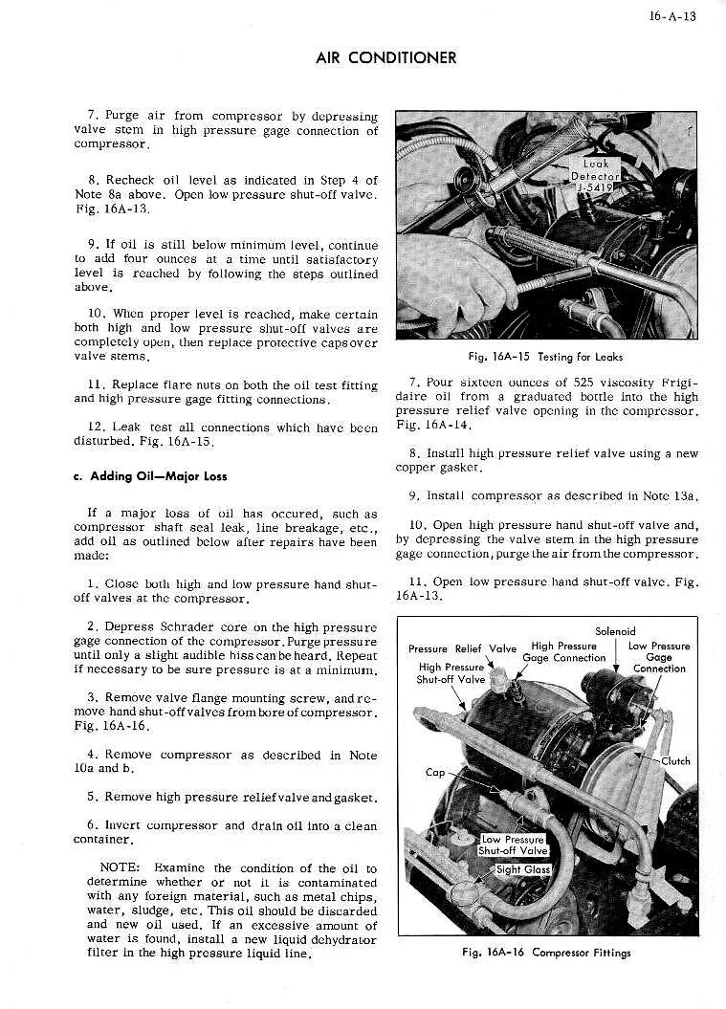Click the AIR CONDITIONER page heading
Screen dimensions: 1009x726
coord(385,57)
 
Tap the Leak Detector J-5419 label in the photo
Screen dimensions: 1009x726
coord(596,175)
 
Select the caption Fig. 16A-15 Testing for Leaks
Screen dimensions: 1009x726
coord(545,357)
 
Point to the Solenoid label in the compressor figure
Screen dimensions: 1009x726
coord(615,631)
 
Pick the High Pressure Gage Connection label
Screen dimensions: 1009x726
coord(564,651)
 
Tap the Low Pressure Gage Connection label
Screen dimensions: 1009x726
coord(658,657)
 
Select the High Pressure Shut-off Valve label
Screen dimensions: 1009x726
coord(451,673)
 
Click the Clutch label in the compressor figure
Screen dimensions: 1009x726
coord(675,761)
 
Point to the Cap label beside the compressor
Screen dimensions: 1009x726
coord(435,772)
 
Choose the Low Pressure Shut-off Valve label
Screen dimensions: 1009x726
coord(513,845)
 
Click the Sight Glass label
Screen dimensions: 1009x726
coord(523,869)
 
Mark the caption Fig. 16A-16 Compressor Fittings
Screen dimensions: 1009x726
coord(545,952)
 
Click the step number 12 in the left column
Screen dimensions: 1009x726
coord(94,427)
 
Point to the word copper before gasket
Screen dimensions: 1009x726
coord(416,467)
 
